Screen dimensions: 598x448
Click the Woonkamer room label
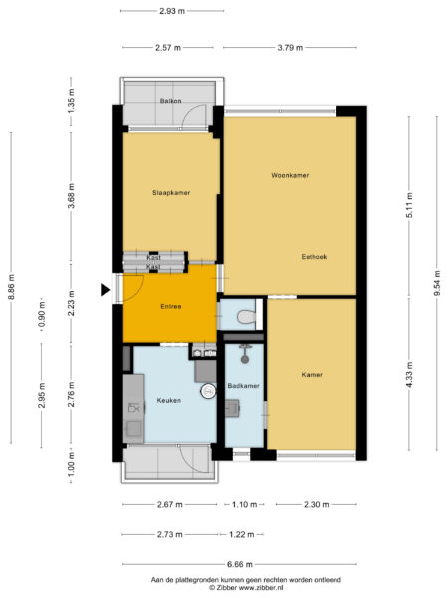290,175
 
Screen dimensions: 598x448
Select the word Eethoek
315,256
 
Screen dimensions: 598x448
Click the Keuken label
168,400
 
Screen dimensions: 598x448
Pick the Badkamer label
243,385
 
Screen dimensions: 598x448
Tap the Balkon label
170,101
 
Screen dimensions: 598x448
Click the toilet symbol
246,317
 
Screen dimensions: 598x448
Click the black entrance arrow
106,290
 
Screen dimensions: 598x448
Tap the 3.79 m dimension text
290,47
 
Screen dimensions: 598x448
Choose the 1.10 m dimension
244,506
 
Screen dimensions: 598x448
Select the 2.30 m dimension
318,506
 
